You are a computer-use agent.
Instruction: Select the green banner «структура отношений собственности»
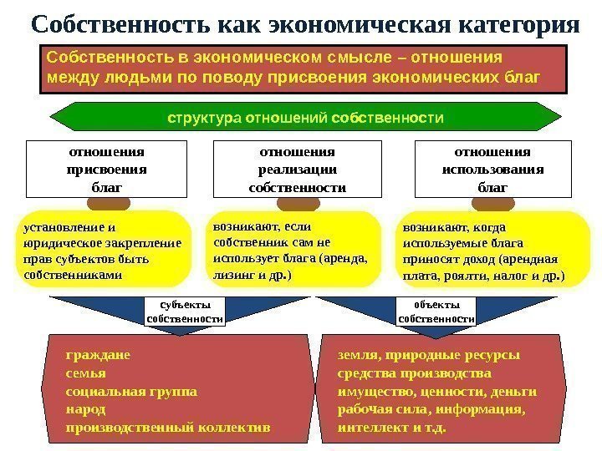click(305, 118)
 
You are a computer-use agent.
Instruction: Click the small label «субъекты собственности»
click(186, 312)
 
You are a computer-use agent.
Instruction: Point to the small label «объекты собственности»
click(436, 312)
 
